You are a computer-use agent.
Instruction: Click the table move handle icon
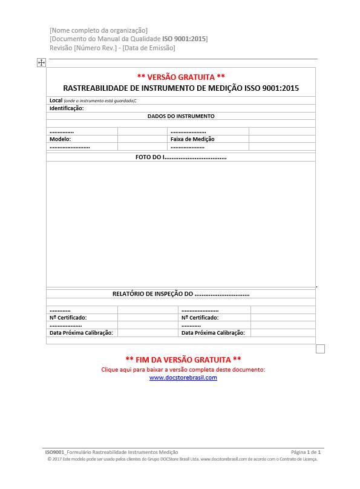point(41,62)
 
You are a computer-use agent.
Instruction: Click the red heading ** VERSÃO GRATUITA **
point(181,77)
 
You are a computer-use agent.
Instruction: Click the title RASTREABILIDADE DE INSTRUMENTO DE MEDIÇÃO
point(181,88)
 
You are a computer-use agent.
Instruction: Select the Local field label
point(56,100)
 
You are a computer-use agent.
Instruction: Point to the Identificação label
point(67,108)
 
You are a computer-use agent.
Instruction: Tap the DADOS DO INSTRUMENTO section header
point(181,116)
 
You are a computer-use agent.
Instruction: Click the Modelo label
point(60,139)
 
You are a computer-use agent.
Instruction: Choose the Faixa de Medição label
point(192,139)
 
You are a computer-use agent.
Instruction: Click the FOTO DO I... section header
point(181,157)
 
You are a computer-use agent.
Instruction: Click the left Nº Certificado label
point(68,318)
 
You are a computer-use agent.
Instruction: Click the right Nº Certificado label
point(200,318)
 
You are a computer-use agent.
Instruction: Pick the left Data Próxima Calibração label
point(81,333)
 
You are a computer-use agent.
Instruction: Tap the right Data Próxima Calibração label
point(213,333)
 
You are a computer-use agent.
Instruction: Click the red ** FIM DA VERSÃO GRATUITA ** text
point(183,359)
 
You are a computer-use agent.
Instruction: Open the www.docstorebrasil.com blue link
point(183,378)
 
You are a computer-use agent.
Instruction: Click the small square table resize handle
point(321,349)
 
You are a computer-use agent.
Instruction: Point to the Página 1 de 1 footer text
point(306,452)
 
